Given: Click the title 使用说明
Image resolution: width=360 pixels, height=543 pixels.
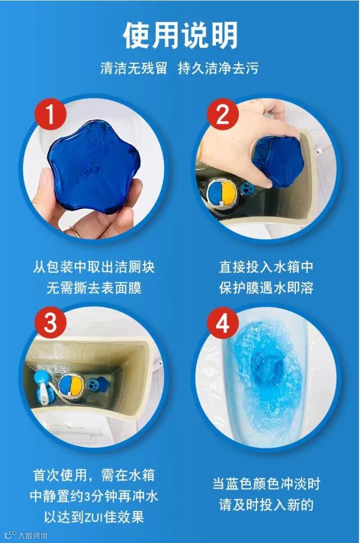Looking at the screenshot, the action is point(180,35).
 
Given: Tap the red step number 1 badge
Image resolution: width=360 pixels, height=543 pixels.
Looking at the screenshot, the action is point(51,114).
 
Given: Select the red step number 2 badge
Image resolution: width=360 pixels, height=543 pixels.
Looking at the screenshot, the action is point(223,114).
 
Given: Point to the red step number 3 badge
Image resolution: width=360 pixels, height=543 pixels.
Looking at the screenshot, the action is point(51,323).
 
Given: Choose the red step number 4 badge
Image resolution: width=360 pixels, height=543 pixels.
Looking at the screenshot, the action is point(223,323).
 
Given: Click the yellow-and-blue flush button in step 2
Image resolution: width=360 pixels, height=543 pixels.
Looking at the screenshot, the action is point(222,194).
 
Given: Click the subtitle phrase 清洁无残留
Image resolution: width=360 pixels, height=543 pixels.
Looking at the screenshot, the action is point(134,68).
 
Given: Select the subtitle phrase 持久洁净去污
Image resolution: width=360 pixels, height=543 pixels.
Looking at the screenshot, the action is point(218,68).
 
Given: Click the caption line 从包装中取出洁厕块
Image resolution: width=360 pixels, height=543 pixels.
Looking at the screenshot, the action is point(94,267).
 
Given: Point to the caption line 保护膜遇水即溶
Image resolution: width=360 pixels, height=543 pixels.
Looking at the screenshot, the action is point(266,288).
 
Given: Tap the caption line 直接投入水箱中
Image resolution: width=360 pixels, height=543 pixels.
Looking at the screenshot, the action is point(266,267).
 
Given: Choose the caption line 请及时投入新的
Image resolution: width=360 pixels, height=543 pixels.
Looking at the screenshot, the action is point(266,505).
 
